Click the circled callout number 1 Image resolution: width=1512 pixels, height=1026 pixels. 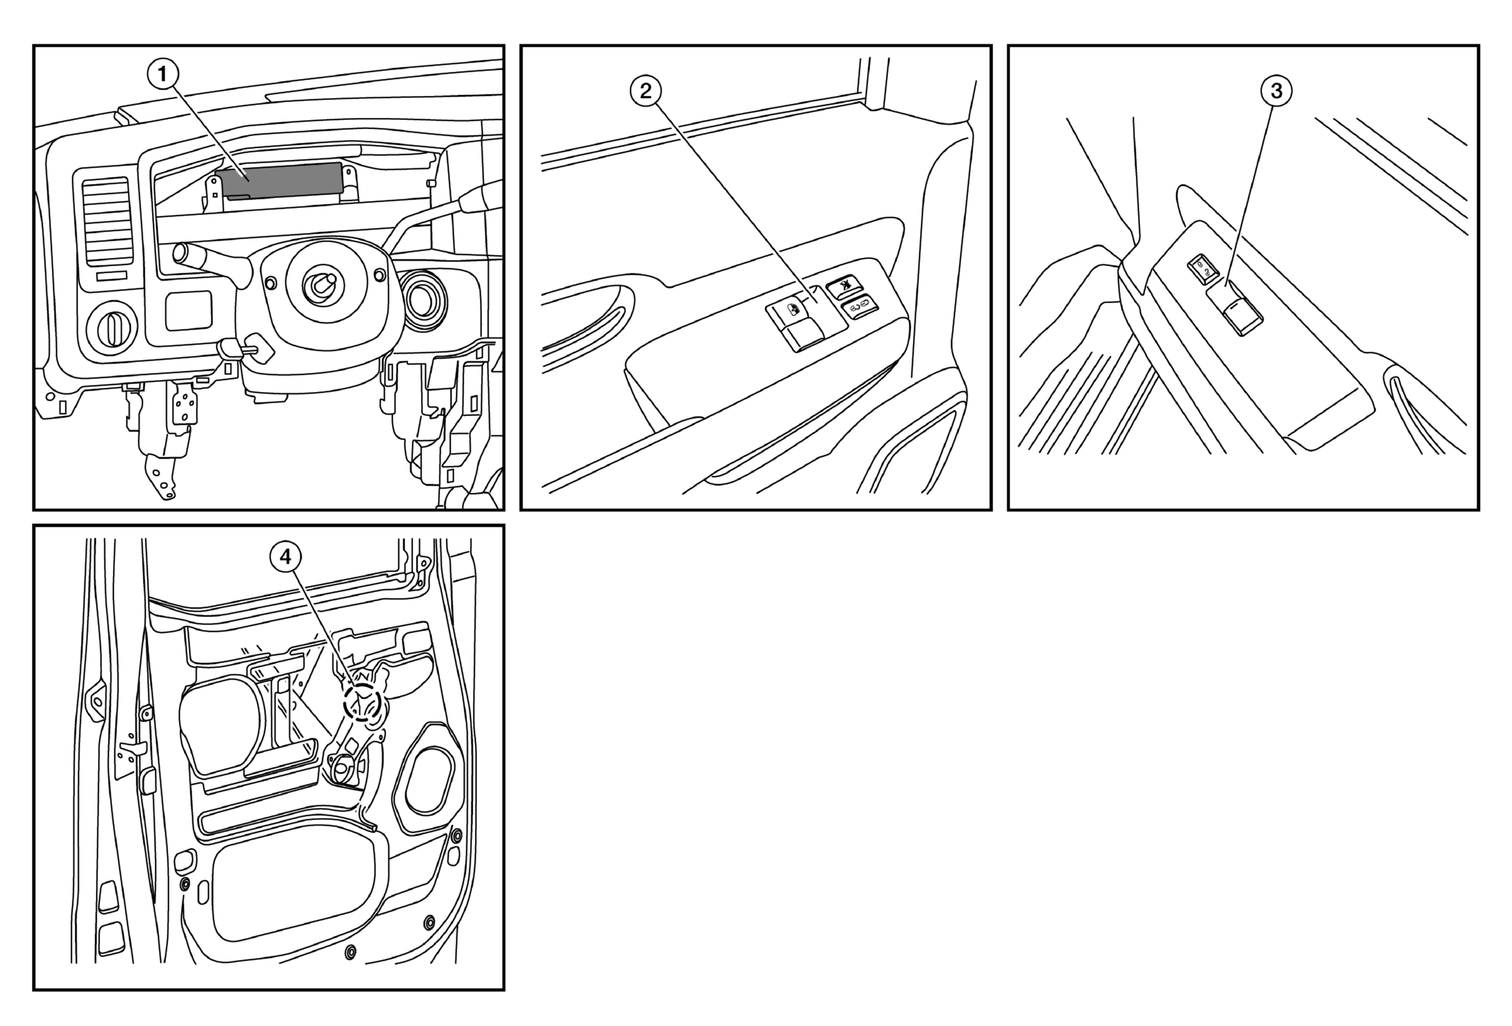pyautogui.click(x=163, y=74)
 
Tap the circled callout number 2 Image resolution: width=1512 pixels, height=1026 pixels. pyautogui.click(x=645, y=91)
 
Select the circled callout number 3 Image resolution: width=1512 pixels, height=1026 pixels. pyautogui.click(x=1276, y=91)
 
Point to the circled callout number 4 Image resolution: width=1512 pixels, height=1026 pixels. pyautogui.click(x=285, y=557)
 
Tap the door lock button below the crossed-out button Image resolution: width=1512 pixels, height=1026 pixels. pyautogui.click(x=860, y=307)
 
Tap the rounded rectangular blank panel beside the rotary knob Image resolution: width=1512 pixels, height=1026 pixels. pyautogui.click(x=189, y=310)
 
